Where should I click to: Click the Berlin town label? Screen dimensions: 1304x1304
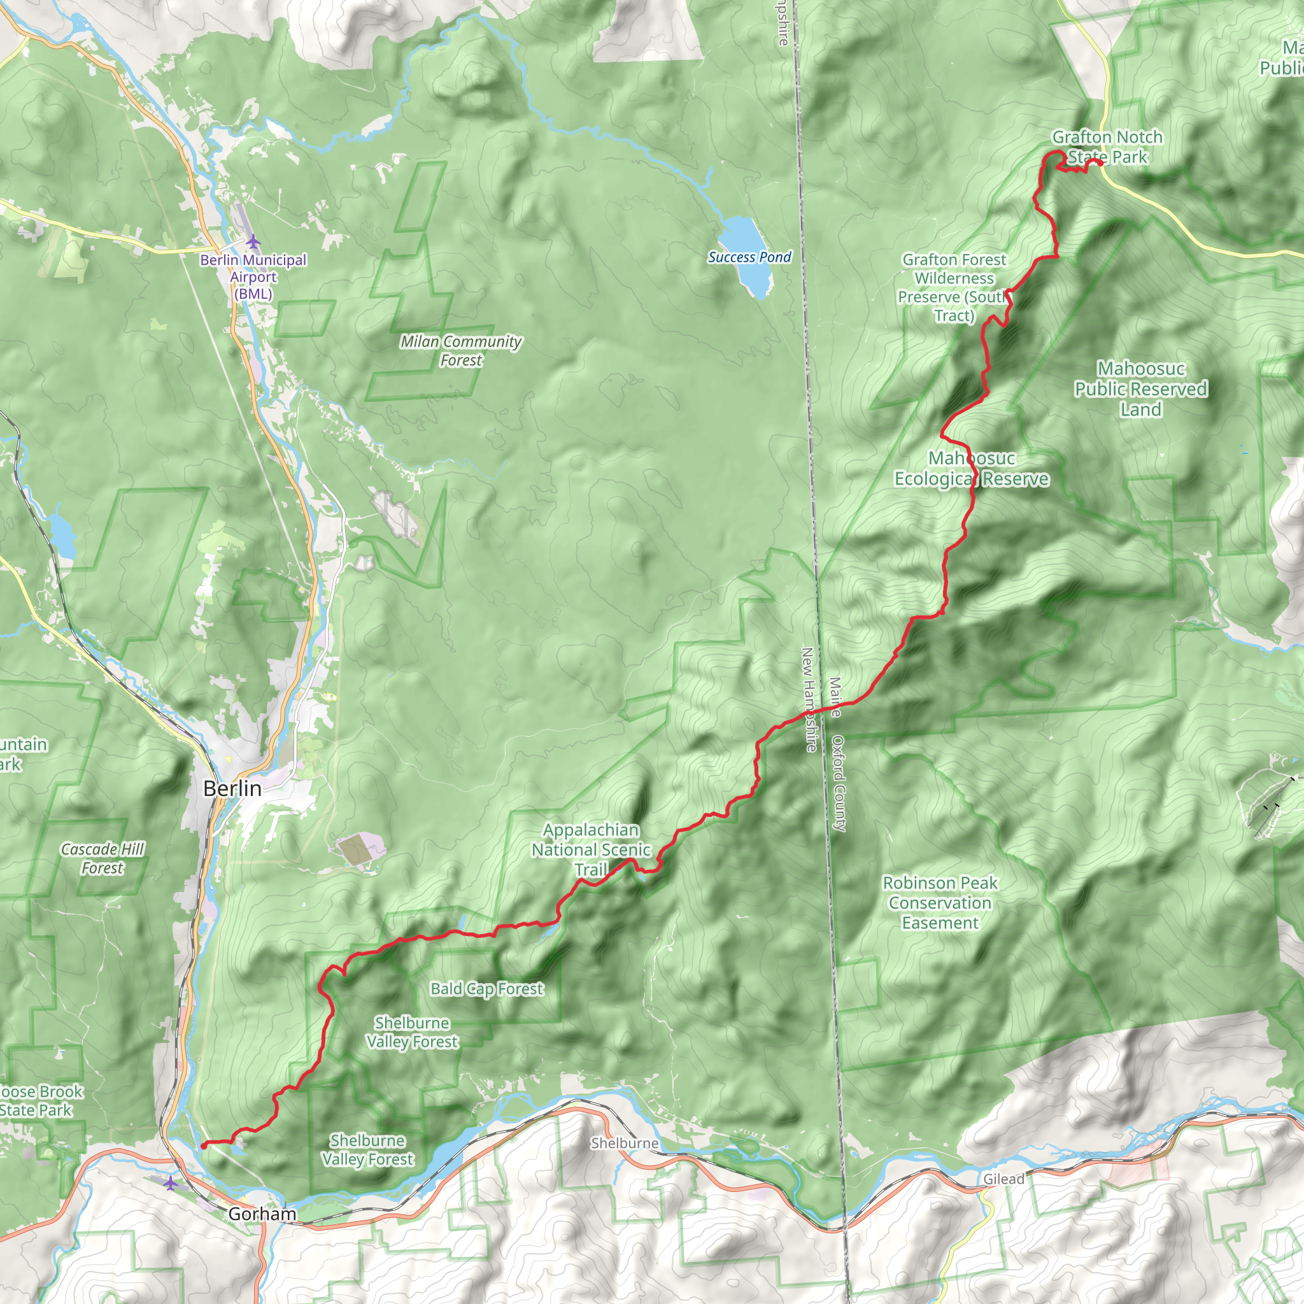coord(232,788)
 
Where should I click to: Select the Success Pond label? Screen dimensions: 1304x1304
coord(749,257)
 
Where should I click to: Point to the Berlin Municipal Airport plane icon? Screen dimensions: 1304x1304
coord(252,241)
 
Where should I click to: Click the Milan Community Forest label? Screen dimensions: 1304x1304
coord(461,350)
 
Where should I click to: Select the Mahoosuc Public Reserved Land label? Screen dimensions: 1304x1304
coord(1140,389)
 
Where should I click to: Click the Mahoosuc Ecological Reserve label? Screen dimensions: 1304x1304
coord(971,469)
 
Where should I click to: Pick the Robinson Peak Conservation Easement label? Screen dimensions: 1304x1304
coord(940,902)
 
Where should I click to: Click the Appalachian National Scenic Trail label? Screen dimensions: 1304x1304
coord(592,849)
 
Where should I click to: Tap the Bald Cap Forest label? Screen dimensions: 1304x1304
coord(486,989)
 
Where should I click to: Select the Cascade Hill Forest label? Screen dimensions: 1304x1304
coord(103,858)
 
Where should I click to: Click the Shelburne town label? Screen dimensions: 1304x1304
coord(625,1143)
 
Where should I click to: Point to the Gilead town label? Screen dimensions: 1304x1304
coord(1003,1179)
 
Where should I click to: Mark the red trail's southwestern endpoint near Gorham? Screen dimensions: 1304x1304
coord(204,1145)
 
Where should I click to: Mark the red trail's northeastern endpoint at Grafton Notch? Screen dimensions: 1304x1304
coord(1100,162)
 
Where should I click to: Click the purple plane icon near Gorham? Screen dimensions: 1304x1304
coord(171,1183)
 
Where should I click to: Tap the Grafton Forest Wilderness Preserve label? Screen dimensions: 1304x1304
coord(954,288)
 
